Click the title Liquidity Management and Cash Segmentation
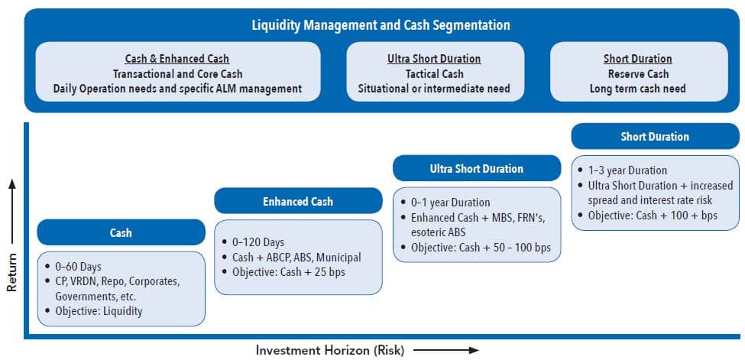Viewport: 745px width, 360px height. pyautogui.click(x=381, y=25)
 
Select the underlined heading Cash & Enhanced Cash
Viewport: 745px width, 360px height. pyautogui.click(x=177, y=59)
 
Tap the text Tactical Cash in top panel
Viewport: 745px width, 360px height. pyautogui.click(x=434, y=74)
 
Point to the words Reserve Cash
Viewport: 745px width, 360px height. pyautogui.click(x=637, y=74)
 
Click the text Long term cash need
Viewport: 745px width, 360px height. pyautogui.click(x=637, y=89)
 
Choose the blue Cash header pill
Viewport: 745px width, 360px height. pyautogui.click(x=121, y=232)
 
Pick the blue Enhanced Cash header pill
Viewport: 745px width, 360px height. pyautogui.click(x=297, y=201)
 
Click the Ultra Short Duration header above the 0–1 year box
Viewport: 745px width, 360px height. pyautogui.click(x=477, y=168)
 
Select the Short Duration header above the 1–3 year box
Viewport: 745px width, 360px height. pyautogui.click(x=655, y=137)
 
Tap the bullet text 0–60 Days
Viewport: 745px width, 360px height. pyautogui.click(x=78, y=267)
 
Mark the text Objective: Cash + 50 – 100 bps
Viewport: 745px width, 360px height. pyautogui.click(x=480, y=248)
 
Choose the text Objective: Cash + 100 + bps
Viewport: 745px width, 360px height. pyautogui.click(x=653, y=216)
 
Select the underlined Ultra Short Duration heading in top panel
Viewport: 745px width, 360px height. pyautogui.click(x=434, y=59)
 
